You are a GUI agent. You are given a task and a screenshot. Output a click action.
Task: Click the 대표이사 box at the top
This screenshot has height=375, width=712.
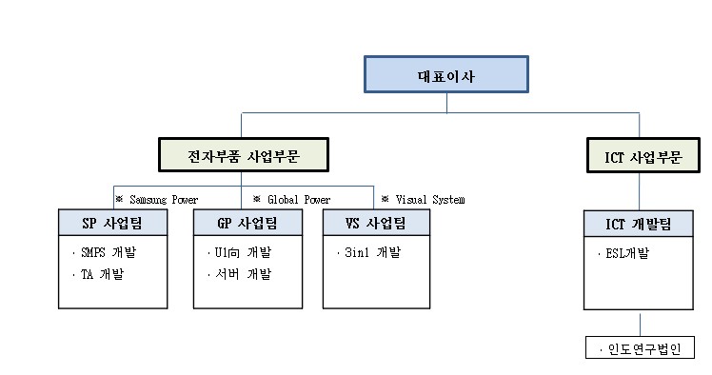(445, 74)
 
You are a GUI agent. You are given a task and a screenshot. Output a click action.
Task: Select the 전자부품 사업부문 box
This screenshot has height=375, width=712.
(241, 154)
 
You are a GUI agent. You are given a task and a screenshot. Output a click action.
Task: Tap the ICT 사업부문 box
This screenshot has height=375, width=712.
(639, 154)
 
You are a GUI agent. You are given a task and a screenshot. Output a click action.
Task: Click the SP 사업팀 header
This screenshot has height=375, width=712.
(112, 223)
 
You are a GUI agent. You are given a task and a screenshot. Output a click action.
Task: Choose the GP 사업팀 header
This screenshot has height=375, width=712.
(247, 223)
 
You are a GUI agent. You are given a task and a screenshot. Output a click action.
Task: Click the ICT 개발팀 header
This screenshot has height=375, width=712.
(639, 223)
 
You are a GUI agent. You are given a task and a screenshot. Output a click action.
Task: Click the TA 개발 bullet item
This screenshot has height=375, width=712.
(103, 274)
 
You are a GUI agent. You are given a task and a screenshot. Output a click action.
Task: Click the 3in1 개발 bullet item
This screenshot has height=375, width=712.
(372, 253)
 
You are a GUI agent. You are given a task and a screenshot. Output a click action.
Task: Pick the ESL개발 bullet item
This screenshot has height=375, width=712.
(629, 253)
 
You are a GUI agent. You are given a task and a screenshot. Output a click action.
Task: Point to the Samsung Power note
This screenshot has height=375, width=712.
(156, 200)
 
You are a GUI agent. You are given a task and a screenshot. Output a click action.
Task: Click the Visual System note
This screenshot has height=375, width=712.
(423, 200)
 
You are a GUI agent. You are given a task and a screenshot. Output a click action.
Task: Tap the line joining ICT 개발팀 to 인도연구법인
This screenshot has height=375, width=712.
(639, 323)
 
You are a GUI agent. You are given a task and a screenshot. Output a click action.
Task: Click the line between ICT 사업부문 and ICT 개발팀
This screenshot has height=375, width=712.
(639, 189)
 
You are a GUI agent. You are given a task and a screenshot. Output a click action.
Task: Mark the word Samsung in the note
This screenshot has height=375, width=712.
(148, 200)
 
